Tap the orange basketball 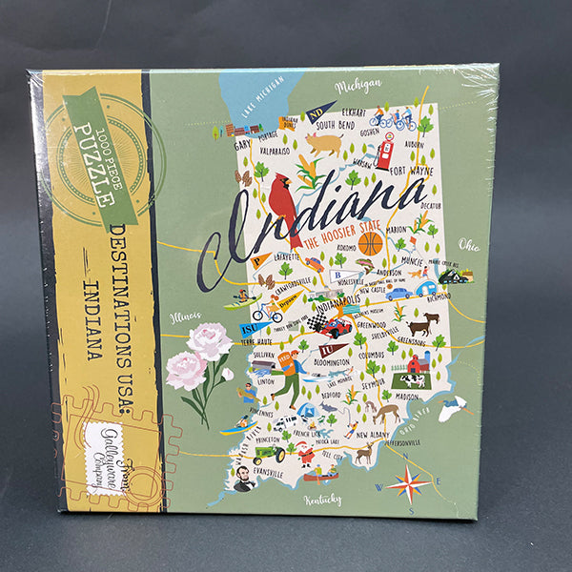pyautogui.click(x=370, y=243)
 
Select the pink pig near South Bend pyautogui.click(x=324, y=143)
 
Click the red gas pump pyautogui.click(x=384, y=152)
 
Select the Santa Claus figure pyautogui.click(x=306, y=451)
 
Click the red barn pyautogui.click(x=417, y=362)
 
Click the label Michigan pyautogui.click(x=358, y=86)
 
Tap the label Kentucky pyautogui.click(x=322, y=500)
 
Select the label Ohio pyautogui.click(x=468, y=244)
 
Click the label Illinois pyautogui.click(x=185, y=316)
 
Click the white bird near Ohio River pyautogui.click(x=451, y=406)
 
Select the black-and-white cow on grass pyautogui.click(x=412, y=379)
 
